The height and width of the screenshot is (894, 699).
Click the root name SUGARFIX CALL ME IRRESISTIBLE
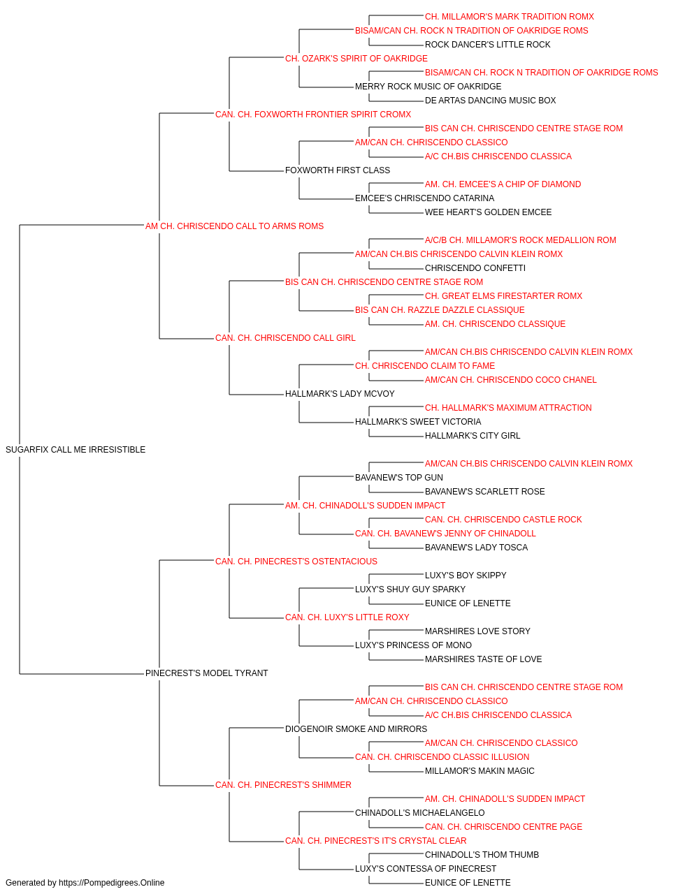coord(75,450)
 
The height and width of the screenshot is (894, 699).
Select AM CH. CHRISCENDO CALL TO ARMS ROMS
coord(234,226)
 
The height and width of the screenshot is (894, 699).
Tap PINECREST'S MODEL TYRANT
coord(206,673)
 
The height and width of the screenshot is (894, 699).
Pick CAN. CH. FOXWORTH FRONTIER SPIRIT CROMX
coord(313,115)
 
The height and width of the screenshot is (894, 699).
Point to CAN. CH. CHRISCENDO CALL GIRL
coord(285,338)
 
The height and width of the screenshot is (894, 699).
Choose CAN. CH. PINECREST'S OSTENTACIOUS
coord(296,561)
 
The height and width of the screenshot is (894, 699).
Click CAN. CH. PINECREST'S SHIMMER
coord(283,785)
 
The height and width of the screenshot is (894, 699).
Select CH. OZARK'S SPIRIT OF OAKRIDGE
coord(356,59)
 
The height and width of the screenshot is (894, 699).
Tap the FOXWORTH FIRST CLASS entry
coord(337,170)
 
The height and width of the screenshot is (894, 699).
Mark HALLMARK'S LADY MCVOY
coord(340,394)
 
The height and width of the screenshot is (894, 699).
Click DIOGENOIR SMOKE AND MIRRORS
coord(356,729)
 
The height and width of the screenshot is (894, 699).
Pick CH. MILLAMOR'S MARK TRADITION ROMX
coord(510,17)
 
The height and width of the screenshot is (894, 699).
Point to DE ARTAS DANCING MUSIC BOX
coord(490,101)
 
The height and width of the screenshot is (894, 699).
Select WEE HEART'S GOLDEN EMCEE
coord(488,212)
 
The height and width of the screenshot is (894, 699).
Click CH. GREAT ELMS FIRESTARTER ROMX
coord(503,296)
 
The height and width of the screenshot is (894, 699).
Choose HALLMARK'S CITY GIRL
coord(473,436)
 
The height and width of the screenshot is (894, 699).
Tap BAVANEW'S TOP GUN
coord(399,478)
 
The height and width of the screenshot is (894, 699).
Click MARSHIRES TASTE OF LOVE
coord(483,659)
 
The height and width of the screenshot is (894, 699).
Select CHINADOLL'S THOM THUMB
coord(482,855)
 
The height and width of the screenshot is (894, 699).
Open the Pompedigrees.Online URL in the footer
coord(111,883)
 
